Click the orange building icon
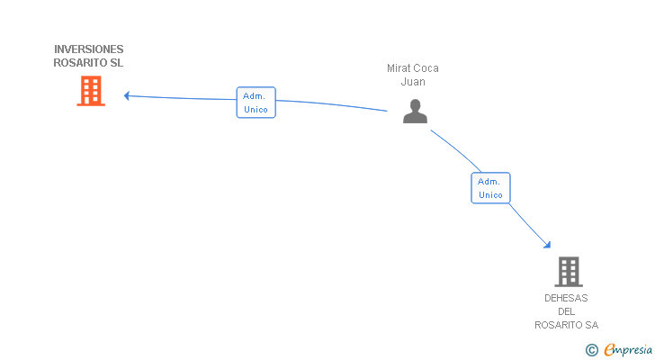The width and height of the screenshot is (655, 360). (x=91, y=91)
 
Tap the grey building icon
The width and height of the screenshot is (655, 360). (x=568, y=271)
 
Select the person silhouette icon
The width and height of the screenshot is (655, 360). (x=415, y=111)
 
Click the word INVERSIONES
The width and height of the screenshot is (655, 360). (x=89, y=49)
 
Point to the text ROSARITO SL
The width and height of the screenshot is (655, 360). (x=89, y=63)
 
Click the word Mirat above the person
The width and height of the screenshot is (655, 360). (x=399, y=68)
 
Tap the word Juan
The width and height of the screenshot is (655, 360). (x=413, y=82)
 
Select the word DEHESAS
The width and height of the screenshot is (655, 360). (x=566, y=298)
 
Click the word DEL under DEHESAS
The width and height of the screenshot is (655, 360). (x=566, y=311)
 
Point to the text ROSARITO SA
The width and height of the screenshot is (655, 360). (x=566, y=325)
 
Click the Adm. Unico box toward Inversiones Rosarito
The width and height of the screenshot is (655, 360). (x=256, y=103)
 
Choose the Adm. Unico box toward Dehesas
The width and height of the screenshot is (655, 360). (x=490, y=188)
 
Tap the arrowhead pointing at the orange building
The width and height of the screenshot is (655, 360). (x=127, y=95)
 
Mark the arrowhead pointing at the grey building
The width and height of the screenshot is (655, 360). (x=547, y=243)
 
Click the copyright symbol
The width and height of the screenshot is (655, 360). (x=591, y=349)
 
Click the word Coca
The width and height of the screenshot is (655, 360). (x=426, y=68)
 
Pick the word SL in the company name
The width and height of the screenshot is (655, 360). (x=117, y=63)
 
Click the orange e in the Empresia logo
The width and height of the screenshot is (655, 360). (x=609, y=349)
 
